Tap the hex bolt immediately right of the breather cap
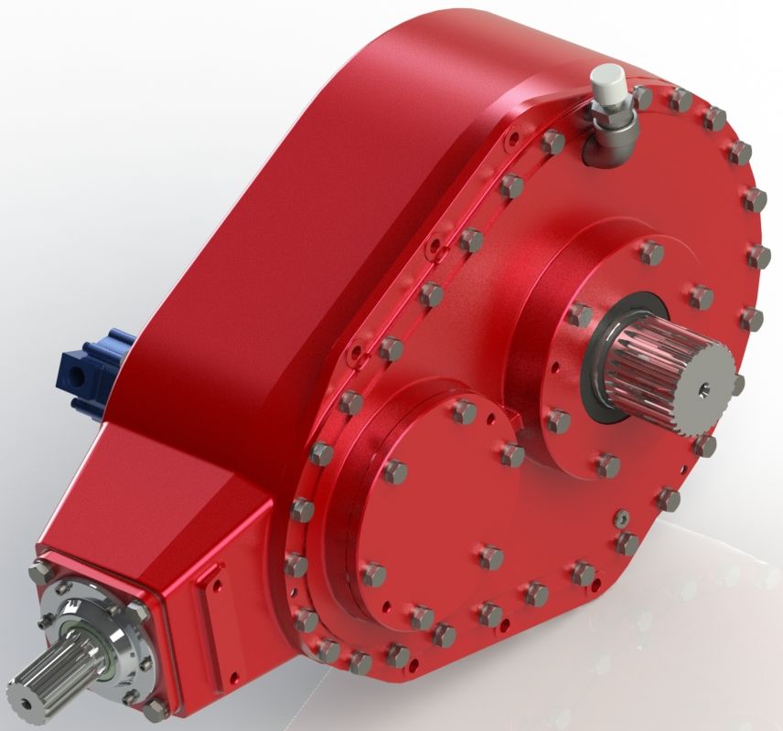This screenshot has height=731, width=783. tap(643, 95)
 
